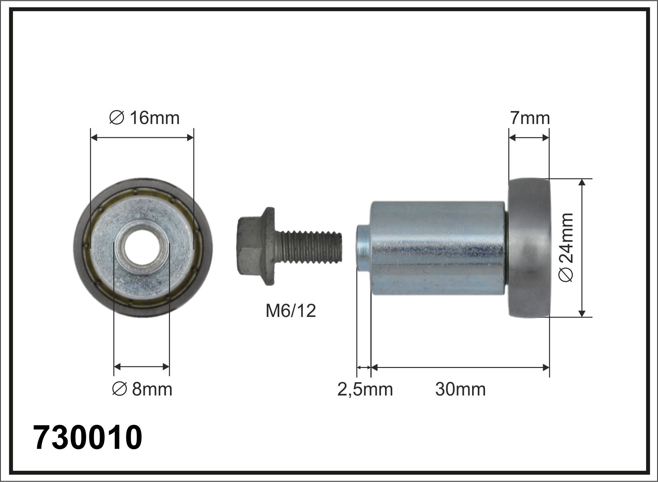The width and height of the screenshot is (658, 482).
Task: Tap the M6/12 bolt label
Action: pyautogui.click(x=291, y=311)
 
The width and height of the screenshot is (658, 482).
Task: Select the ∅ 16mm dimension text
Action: pyautogui.click(x=144, y=118)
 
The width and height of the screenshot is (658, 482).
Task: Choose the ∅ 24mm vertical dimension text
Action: pyautogui.click(x=566, y=247)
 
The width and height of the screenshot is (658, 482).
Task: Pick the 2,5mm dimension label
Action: pyautogui.click(x=365, y=390)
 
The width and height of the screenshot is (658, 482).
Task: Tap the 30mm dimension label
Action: pyautogui.click(x=461, y=389)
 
